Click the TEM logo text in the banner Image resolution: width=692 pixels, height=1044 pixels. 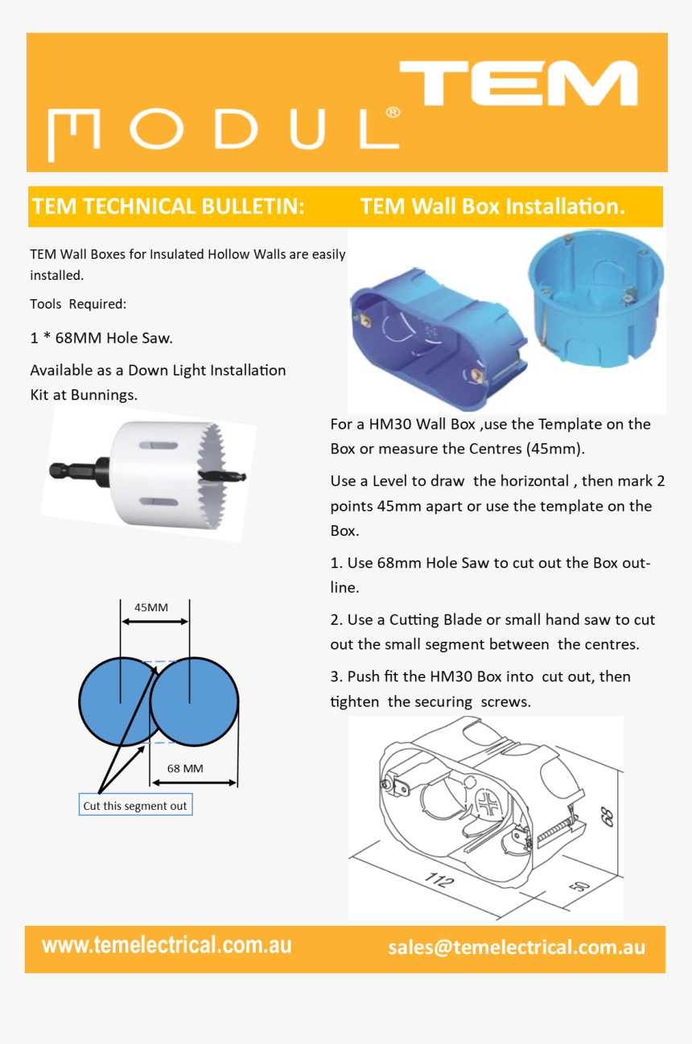[519, 84]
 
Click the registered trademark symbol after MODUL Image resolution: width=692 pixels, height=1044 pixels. [393, 113]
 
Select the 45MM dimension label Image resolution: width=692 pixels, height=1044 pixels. [150, 607]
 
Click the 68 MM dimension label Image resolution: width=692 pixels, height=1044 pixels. [185, 768]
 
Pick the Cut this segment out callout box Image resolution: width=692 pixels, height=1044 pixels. [135, 806]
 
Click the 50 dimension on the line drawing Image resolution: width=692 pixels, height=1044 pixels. [579, 886]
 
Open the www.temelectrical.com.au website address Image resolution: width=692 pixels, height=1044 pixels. [167, 945]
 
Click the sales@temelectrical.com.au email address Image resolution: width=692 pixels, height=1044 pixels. [517, 947]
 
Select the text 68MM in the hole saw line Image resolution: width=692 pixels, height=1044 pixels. [78, 339]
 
